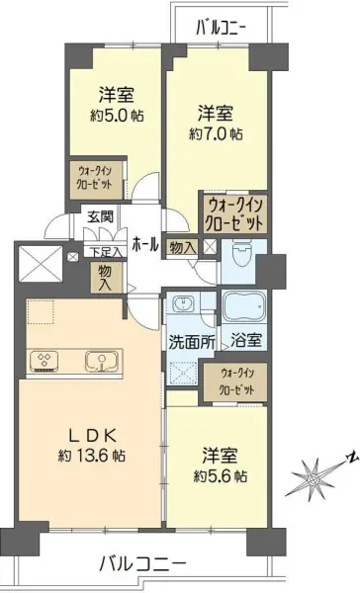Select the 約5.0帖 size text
pyautogui.click(x=117, y=115)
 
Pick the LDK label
pyautogui.click(x=89, y=434)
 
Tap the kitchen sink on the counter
pyautogui.click(x=99, y=360)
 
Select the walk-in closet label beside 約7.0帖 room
pyautogui.click(x=235, y=215)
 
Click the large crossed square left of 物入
pyautogui.click(x=40, y=264)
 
